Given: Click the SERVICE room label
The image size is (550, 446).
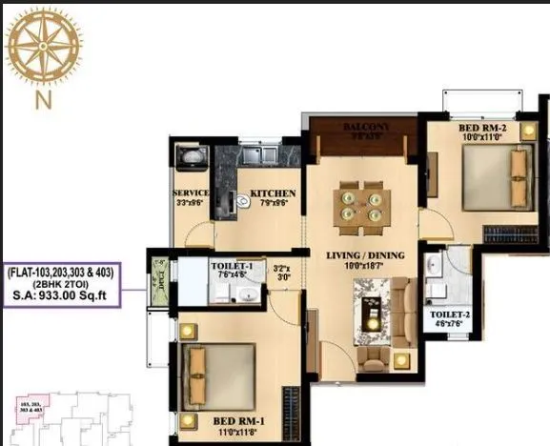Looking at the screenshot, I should pyautogui.click(x=191, y=193).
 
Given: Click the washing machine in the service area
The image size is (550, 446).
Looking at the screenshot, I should pyautogui.click(x=186, y=157).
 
